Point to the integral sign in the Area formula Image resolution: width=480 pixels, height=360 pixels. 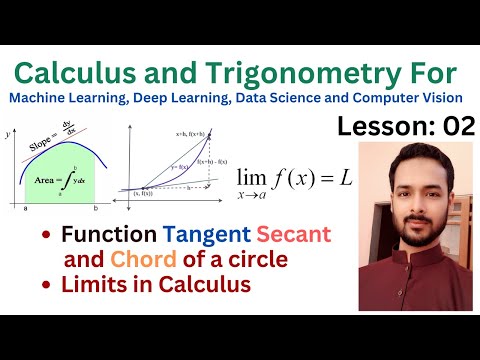coord(76,180)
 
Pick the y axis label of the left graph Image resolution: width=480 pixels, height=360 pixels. coord(9,133)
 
